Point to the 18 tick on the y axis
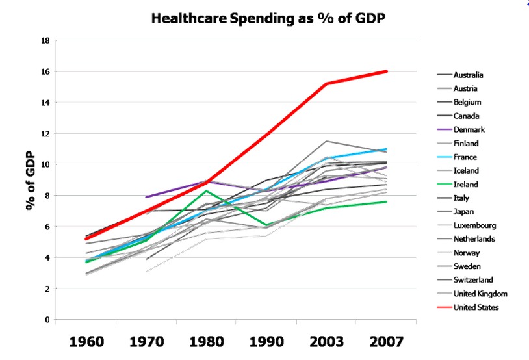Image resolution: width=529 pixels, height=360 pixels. [x=45, y=40]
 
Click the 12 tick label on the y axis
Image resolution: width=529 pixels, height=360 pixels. [x=45, y=133]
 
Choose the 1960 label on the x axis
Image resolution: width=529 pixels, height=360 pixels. [x=88, y=342]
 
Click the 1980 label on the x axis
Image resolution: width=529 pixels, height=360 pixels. [x=207, y=342]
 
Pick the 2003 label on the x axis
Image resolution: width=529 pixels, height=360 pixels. [x=327, y=342]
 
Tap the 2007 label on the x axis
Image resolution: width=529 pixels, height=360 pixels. [x=387, y=342]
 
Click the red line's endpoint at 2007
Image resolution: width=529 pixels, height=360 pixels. [x=387, y=71]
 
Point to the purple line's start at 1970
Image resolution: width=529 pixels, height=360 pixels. [x=148, y=197]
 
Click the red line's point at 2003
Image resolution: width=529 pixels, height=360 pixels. [x=327, y=84]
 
